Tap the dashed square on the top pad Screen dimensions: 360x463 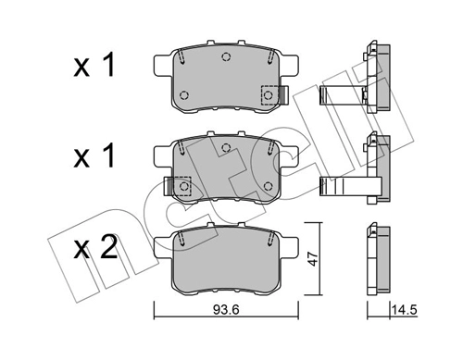click(269, 94)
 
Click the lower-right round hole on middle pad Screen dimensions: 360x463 click(269, 186)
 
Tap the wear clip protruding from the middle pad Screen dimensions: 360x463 click(169, 186)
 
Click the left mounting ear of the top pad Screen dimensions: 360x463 click(157, 63)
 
